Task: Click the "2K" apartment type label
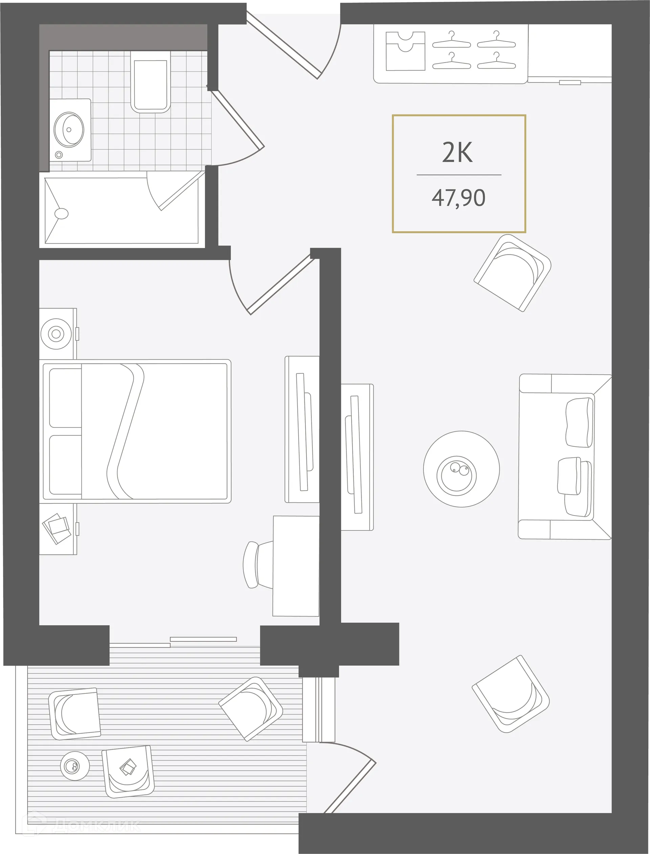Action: (457, 153)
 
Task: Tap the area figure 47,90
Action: (458, 198)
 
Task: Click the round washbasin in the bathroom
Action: (69, 130)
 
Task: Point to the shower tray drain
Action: (62, 213)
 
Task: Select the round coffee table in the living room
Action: (461, 469)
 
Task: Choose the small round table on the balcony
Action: (75, 766)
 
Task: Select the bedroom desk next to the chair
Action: (296, 566)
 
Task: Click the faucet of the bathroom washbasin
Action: (59, 155)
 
